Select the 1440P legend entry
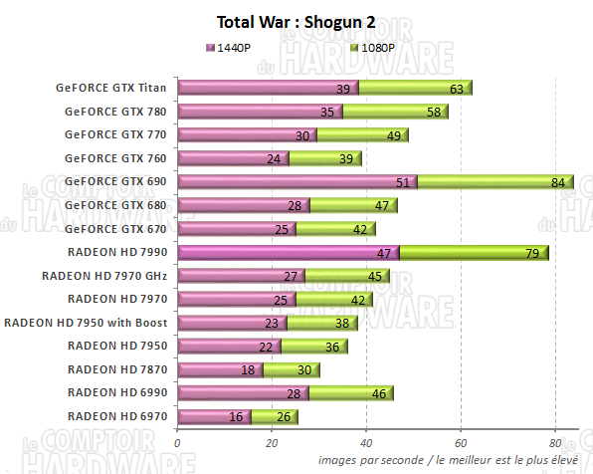[x=228, y=47]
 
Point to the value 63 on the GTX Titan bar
[x=457, y=89]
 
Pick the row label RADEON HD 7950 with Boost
[x=88, y=322]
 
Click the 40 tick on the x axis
[x=366, y=443]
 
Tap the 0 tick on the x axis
[x=177, y=443]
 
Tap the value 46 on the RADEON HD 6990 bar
[x=378, y=393]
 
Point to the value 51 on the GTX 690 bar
[x=402, y=182]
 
